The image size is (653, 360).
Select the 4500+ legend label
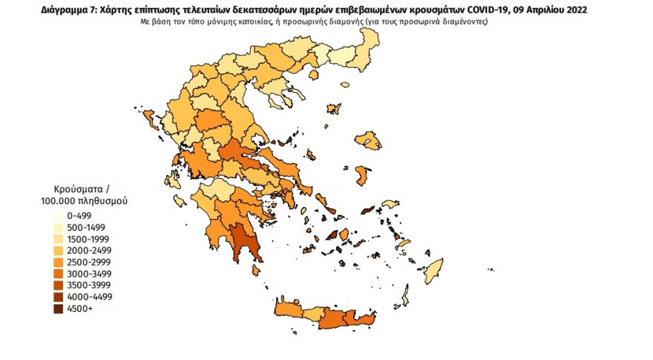pyautogui.click(x=76, y=309)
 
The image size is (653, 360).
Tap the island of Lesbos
pyautogui.click(x=365, y=139)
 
